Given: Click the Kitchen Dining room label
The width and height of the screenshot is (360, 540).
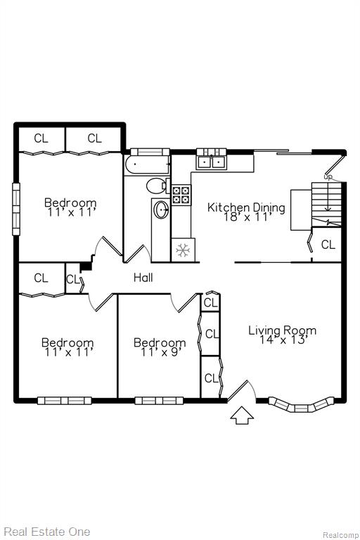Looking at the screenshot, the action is click(x=246, y=207).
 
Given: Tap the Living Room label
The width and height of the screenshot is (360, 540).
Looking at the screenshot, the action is click(x=282, y=330).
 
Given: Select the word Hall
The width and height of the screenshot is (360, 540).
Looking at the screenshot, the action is click(x=143, y=278).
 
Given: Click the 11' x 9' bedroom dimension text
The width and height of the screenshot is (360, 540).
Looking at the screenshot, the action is click(x=160, y=352).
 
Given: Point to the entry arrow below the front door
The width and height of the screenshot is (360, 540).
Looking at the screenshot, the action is click(x=242, y=416).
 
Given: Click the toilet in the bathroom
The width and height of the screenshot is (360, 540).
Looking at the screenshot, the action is click(x=157, y=186).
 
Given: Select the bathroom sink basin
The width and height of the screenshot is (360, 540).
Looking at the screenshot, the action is click(x=161, y=210).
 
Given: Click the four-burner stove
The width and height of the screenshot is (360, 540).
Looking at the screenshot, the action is click(x=181, y=195).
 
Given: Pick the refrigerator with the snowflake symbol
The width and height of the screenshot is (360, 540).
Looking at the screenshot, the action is click(x=183, y=250).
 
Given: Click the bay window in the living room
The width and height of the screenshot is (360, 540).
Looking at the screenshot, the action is click(x=301, y=406).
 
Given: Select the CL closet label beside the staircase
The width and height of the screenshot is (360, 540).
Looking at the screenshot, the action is click(x=328, y=245).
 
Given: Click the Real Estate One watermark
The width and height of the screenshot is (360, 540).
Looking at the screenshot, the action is click(x=47, y=532).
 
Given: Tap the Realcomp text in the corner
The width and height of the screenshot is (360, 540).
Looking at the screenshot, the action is click(x=340, y=535).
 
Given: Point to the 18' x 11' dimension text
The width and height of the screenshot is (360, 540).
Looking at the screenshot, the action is click(x=247, y=217).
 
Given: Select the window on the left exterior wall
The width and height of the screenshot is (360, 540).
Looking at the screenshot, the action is click(x=16, y=209).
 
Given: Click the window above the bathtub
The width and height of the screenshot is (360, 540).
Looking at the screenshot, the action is click(x=150, y=152).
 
